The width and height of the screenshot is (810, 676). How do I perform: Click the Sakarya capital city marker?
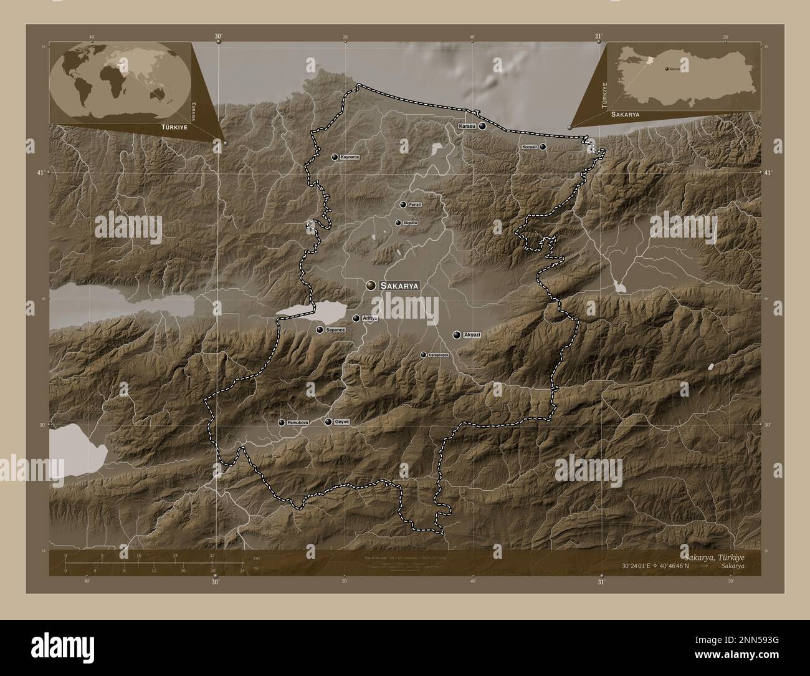tap(371, 285)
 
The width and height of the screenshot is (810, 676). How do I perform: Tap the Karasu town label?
tap(467, 127)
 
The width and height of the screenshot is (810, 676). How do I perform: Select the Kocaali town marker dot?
tap(543, 147)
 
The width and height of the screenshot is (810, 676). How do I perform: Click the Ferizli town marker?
tap(403, 205)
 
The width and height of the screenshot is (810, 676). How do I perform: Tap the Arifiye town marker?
tap(356, 319)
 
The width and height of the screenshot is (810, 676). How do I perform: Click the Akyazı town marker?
tap(457, 335)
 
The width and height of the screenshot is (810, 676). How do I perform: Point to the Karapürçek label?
tap(438, 355)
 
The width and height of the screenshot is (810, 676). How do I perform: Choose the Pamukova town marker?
tap(282, 423)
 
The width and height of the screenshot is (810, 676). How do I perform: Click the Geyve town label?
tap(342, 422)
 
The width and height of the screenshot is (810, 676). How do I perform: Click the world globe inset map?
tap(120, 82)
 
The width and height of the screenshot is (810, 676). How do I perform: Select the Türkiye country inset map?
tap(685, 77)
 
